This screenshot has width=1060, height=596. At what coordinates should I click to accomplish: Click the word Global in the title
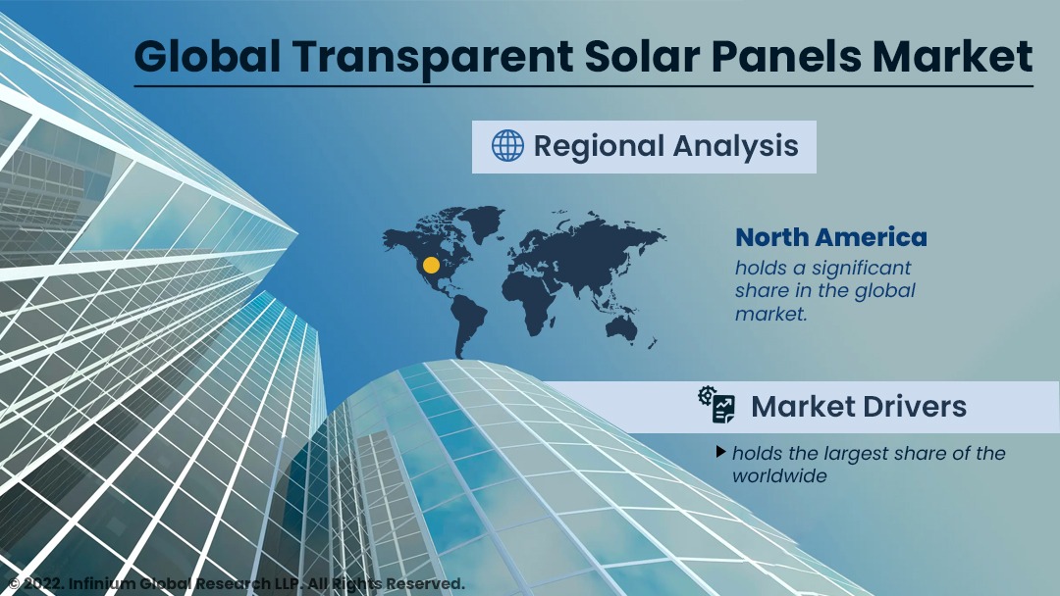tap(207, 56)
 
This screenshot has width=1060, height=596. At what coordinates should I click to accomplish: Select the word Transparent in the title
tap(433, 58)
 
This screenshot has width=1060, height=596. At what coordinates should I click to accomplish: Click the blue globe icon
tap(507, 146)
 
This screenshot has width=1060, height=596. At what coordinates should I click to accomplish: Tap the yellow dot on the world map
tap(431, 265)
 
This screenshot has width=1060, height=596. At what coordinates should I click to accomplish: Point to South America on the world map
tap(468, 323)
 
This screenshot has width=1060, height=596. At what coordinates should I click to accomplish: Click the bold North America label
tap(831, 237)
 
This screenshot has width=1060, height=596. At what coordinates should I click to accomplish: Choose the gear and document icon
tap(716, 405)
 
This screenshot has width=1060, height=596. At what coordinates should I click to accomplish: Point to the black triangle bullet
tap(721, 452)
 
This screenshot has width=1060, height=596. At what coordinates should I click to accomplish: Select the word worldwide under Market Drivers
tap(779, 475)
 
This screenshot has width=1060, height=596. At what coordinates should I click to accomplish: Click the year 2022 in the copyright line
tap(43, 584)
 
